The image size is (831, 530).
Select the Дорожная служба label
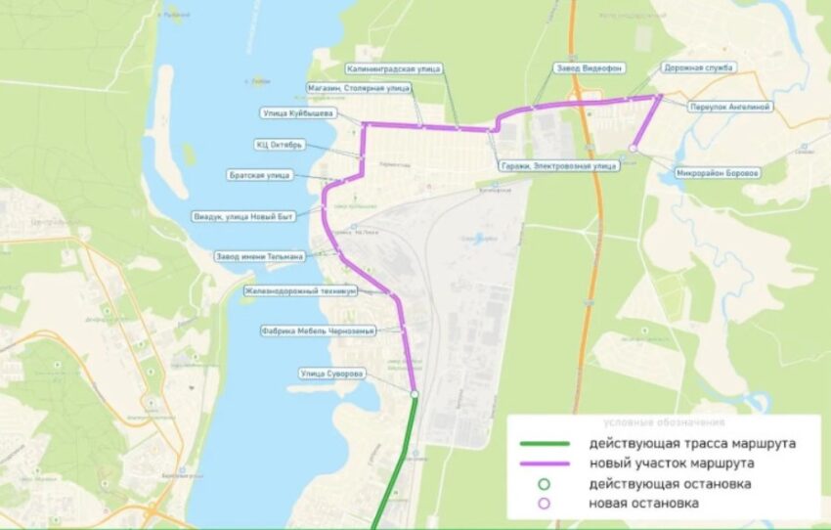(700, 68)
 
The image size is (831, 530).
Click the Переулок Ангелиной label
(730, 106)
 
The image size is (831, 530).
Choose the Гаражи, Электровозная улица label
(558, 166)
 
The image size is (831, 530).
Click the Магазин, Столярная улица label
(357, 88)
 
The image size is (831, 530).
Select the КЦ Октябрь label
(279, 145)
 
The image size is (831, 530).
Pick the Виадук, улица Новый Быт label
(257, 216)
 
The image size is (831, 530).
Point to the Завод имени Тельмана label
(259, 256)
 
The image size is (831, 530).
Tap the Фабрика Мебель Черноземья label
(304, 331)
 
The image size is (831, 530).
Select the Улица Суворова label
(333, 374)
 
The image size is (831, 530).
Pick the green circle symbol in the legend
(545, 484)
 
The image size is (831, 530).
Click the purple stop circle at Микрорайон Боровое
(634, 148)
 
